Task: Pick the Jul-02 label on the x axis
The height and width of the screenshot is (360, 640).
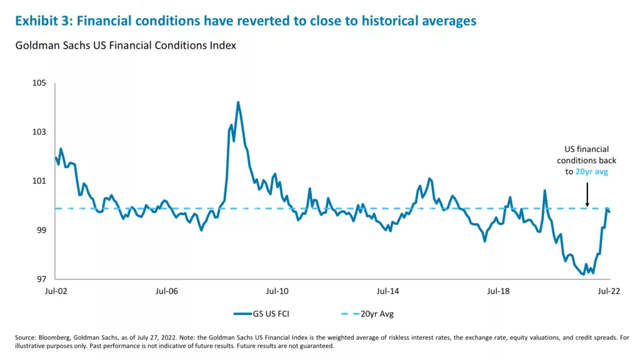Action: (x=55, y=291)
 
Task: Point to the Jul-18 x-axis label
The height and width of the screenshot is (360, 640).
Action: (x=498, y=291)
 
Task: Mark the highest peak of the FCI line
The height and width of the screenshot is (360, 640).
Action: (x=238, y=102)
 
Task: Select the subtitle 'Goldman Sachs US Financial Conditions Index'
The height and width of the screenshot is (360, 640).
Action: (x=125, y=46)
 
